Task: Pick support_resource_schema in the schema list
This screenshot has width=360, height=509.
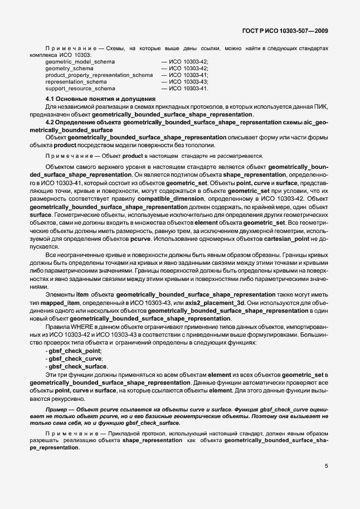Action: (80, 88)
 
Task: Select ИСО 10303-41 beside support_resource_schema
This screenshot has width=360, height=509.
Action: (188, 88)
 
